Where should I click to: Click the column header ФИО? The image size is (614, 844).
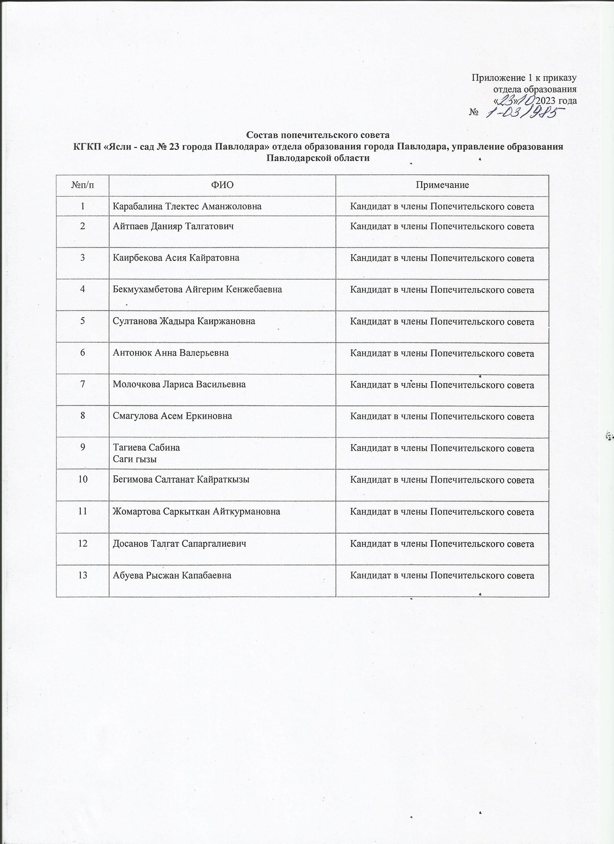(222, 185)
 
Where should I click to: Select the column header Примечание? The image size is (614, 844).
(442, 185)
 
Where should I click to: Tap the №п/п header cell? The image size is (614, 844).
(82, 185)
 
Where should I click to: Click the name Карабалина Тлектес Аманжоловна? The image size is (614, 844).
(187, 206)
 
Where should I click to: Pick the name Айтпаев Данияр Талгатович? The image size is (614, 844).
(173, 226)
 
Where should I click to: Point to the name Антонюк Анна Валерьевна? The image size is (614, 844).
(170, 353)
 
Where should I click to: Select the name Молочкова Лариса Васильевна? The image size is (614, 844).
(179, 384)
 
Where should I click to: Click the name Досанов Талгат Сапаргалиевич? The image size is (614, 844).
(180, 544)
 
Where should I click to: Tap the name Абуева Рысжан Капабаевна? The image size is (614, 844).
(172, 575)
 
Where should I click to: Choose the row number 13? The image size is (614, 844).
(82, 575)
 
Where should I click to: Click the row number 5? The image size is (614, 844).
(82, 321)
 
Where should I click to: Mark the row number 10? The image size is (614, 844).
(82, 479)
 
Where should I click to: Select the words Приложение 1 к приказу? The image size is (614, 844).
(524, 78)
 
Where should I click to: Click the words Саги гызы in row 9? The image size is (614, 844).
(134, 459)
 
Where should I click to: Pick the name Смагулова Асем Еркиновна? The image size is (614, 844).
(172, 416)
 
